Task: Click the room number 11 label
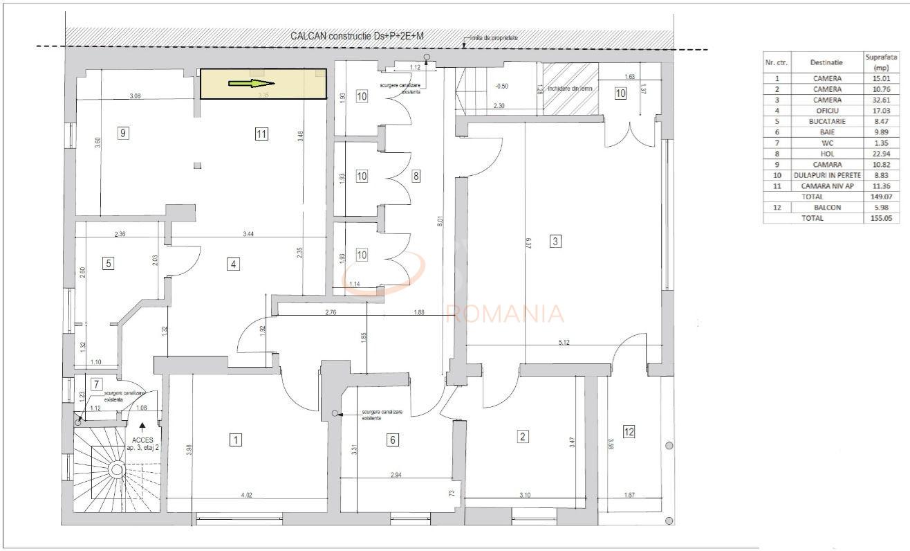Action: click(x=261, y=134)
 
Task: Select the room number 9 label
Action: click(x=123, y=134)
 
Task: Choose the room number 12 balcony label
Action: click(x=629, y=432)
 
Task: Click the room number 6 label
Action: click(x=392, y=439)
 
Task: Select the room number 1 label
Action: click(x=236, y=439)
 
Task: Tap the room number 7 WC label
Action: click(x=97, y=384)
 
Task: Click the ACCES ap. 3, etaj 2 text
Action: click(x=142, y=442)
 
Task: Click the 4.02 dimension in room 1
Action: click(x=245, y=495)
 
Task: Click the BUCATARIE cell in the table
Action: click(x=827, y=121)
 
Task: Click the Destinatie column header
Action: click(x=827, y=62)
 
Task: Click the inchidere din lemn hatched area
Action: click(x=570, y=89)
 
